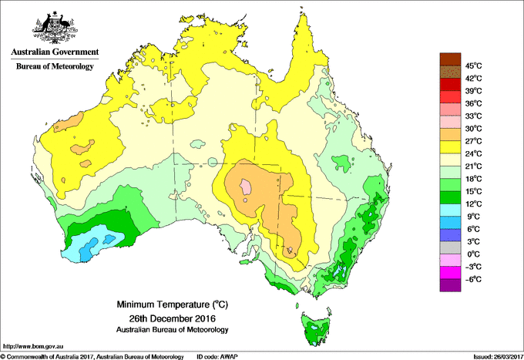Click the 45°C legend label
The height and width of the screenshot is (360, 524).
pos(473,66)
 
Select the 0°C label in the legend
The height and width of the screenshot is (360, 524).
pos(472,254)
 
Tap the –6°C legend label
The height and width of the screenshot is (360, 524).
pos(472,279)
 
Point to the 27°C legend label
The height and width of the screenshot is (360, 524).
pos(473,140)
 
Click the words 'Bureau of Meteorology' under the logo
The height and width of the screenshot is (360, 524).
pos(54,67)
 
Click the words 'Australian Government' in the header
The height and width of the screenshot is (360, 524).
pos(54,52)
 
